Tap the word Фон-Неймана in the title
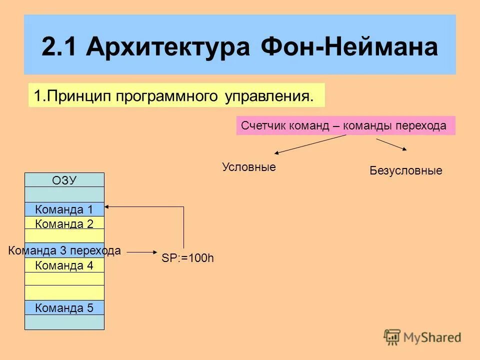348,47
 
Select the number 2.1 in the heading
59,47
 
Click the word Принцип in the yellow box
75,95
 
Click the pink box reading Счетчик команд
345,126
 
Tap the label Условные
248,167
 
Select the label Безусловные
405,171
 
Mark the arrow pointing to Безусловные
392,144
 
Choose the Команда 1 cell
64,209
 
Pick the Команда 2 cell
64,223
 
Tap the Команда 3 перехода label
64,251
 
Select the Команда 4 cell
64,265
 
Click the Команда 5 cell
64,308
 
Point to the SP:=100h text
187,259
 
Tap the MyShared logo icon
392,336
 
